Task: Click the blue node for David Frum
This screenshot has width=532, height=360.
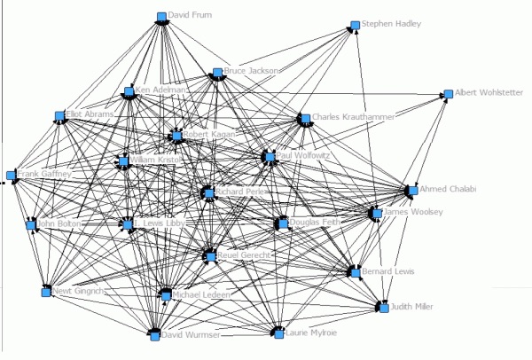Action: (x=161, y=16)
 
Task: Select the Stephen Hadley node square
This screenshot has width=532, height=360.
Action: (x=354, y=25)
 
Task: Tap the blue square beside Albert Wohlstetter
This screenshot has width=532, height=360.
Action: (x=449, y=92)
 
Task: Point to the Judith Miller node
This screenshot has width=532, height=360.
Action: (x=384, y=307)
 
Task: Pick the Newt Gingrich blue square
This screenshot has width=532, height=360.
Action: (x=46, y=291)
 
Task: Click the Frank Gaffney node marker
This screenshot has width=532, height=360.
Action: (x=11, y=176)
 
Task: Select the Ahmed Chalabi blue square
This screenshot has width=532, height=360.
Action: (x=412, y=190)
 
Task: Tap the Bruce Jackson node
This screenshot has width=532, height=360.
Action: (x=216, y=73)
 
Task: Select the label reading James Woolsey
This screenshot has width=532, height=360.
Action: (x=413, y=212)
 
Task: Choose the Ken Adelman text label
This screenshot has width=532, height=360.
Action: (x=162, y=90)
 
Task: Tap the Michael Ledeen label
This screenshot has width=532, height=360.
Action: (x=200, y=293)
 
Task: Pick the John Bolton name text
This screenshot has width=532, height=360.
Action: (x=59, y=224)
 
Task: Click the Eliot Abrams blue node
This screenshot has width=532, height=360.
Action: (x=59, y=116)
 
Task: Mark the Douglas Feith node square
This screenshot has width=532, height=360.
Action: (x=282, y=223)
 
